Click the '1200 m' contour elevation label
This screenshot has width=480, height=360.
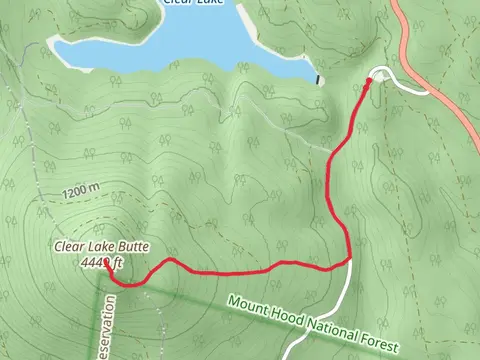pyautogui.click(x=80, y=189)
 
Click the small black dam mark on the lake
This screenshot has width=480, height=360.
pyautogui.click(x=319, y=80)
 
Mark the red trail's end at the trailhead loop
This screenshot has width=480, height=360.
pyautogui.click(x=371, y=81)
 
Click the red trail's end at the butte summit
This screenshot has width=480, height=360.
pyautogui.click(x=106, y=266)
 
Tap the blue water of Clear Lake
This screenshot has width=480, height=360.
pyautogui.click(x=180, y=45)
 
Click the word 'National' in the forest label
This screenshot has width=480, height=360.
pyautogui.click(x=323, y=328)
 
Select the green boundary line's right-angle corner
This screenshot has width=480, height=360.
pyautogui.click(x=106, y=286)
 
